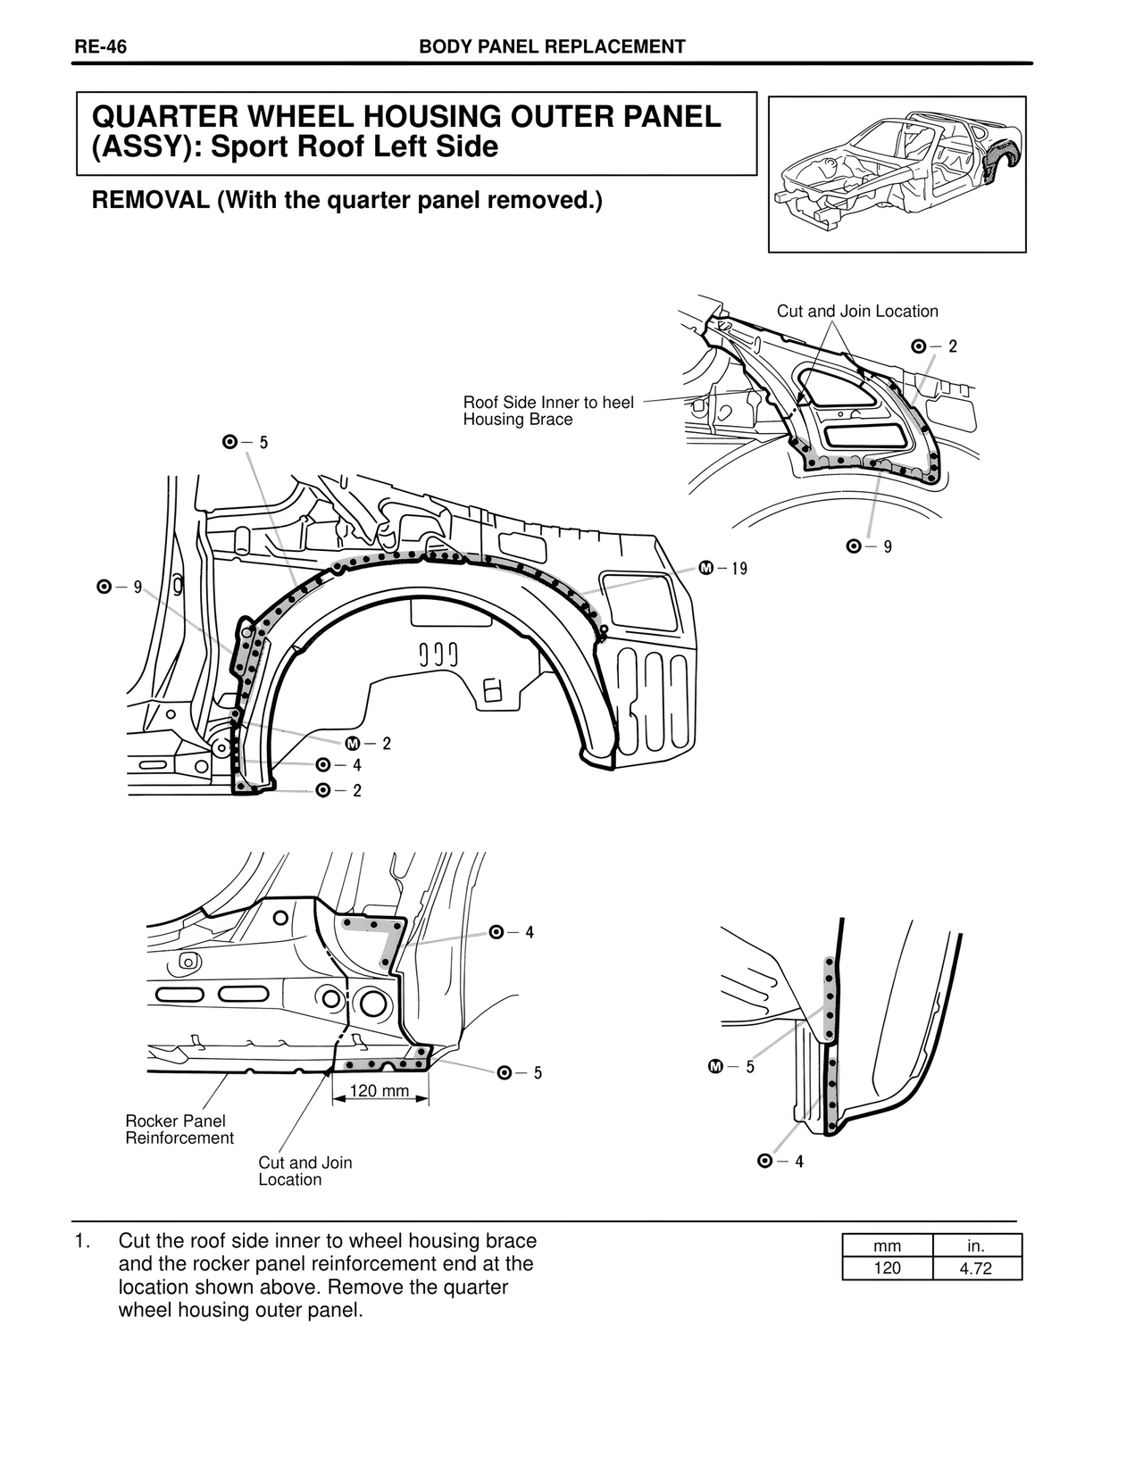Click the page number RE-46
(100, 47)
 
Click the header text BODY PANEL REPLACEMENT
(552, 47)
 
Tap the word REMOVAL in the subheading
(150, 201)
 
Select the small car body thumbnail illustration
(897, 174)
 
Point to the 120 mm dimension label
(380, 1091)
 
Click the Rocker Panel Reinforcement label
(179, 1129)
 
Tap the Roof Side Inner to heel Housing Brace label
(548, 411)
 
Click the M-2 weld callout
(368, 744)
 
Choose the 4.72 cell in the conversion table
(976, 1268)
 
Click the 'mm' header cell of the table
(888, 1246)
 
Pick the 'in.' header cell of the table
(976, 1246)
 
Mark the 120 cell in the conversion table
(888, 1268)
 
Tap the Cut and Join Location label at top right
(857, 312)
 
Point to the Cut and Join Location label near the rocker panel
(305, 1171)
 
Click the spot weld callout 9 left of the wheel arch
(120, 587)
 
